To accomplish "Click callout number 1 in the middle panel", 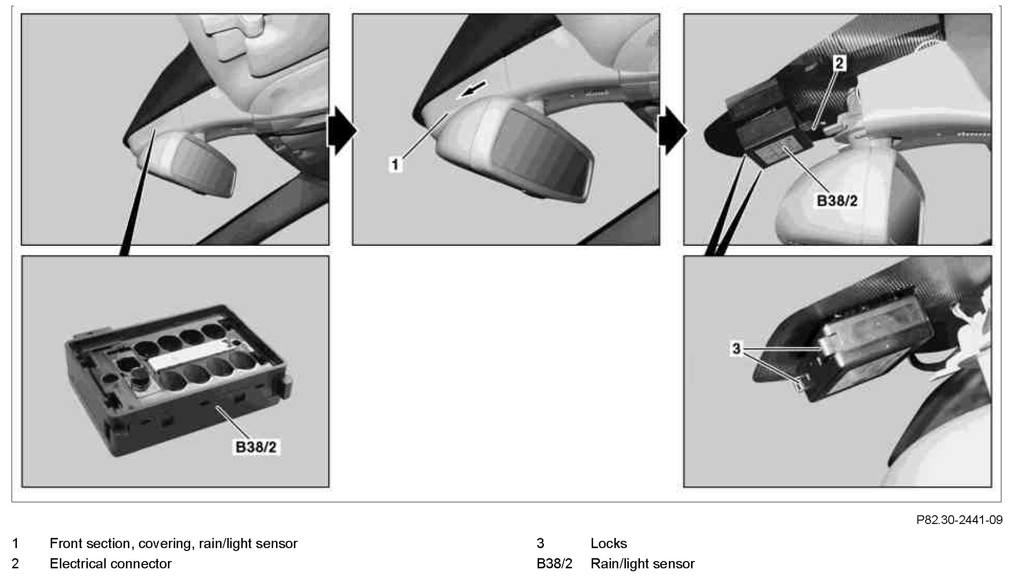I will pos(395,165).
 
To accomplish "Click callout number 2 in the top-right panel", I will pos(840,63).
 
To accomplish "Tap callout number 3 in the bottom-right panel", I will pos(736,349).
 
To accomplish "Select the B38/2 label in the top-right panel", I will pos(837,201).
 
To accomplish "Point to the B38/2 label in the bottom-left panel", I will pos(256,447).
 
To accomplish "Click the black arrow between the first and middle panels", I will pos(342,130).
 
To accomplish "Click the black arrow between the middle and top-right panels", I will pos(673,130).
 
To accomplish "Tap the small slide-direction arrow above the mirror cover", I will pos(472,90).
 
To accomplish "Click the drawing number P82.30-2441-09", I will pos(959,520).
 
